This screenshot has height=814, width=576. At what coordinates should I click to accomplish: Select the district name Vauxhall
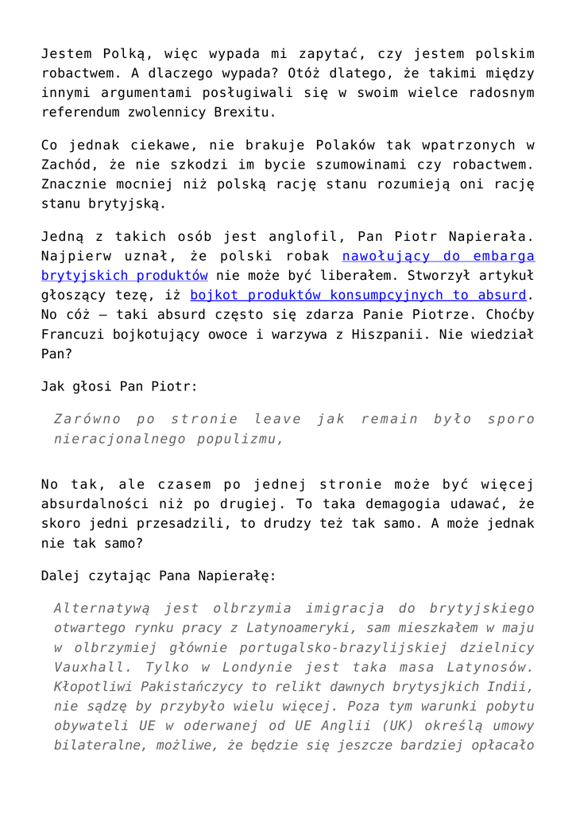point(86,666)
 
